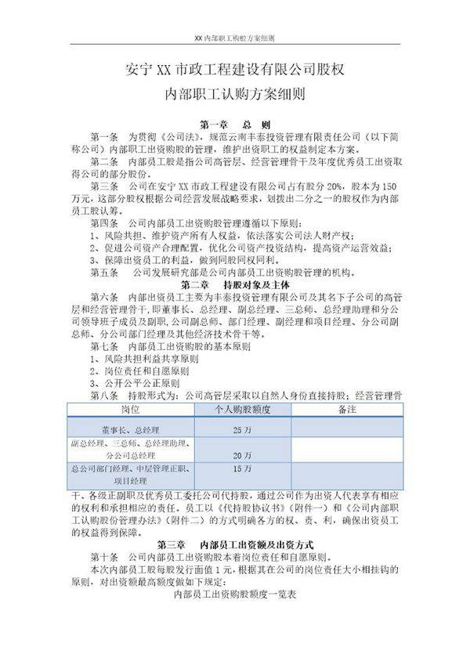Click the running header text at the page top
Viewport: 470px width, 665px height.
point(234,37)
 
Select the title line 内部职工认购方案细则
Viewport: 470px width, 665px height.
point(234,96)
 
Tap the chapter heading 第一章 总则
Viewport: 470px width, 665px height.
point(235,125)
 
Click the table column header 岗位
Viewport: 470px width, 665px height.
point(131,410)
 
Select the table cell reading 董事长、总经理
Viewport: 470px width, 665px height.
point(131,430)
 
